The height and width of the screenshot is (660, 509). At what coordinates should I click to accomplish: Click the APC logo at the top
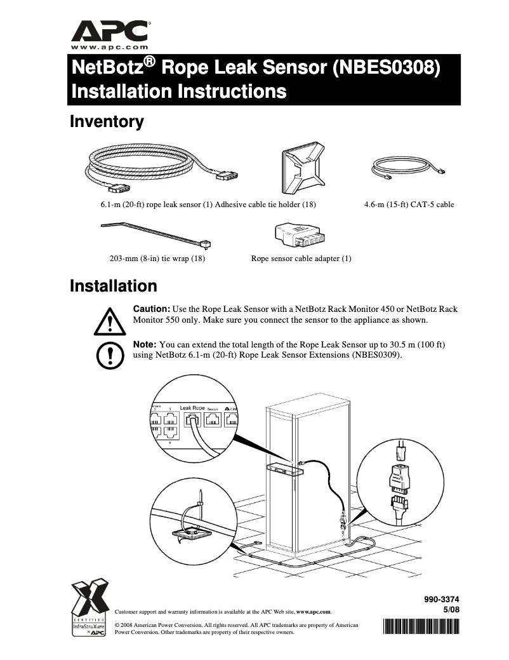click(x=110, y=30)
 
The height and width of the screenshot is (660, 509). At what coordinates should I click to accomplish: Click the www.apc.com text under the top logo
click(x=110, y=47)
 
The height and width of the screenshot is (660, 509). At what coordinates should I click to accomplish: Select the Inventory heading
click(x=106, y=121)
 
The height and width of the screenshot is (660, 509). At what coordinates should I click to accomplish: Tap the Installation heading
click(x=113, y=286)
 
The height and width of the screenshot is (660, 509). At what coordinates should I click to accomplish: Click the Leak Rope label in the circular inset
click(x=192, y=407)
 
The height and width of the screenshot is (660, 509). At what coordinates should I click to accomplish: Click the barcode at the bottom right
click(x=421, y=627)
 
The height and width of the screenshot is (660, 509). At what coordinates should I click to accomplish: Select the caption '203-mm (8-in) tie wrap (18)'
click(x=157, y=259)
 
